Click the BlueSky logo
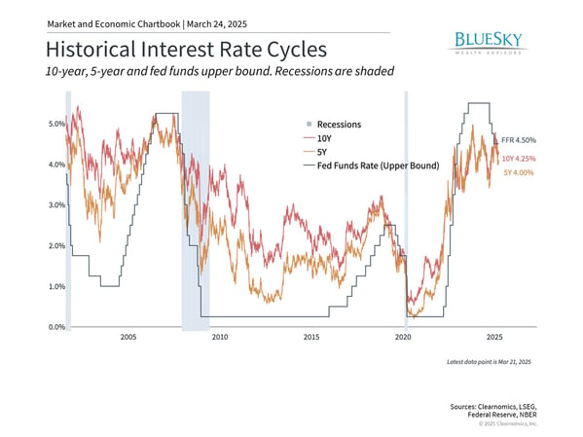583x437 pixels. coord(488,43)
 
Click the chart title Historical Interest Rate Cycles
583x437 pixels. coord(186,49)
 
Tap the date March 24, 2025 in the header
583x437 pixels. coord(217,24)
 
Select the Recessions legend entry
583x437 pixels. coord(334,125)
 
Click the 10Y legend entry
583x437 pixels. coord(317,138)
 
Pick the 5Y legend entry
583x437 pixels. coord(315,152)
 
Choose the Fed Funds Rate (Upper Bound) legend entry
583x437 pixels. coord(372,165)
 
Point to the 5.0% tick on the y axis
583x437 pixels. coord(56,124)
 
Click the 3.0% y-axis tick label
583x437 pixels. coord(56,205)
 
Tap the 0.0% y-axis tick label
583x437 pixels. coord(56,327)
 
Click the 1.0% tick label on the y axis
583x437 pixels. coord(56,286)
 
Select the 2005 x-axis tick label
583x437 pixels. coord(128,337)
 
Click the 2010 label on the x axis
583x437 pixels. coord(220,337)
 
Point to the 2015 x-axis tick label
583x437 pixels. coord(311,337)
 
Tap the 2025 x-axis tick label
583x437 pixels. coord(494,337)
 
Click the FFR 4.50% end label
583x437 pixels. coord(519,140)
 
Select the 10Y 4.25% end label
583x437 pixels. coord(519,159)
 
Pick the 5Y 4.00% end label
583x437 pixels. coord(519,172)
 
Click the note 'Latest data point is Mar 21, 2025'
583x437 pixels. coord(489,362)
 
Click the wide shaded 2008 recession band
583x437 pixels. coord(196,210)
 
